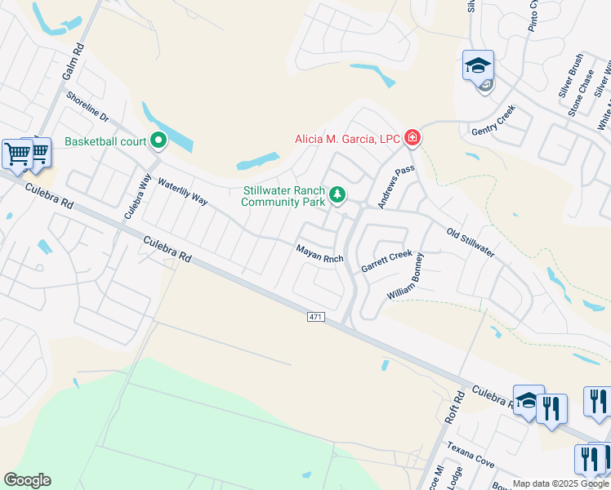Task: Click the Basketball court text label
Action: tap(105, 141)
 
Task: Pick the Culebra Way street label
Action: tap(138, 198)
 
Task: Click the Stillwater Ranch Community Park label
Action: tap(283, 196)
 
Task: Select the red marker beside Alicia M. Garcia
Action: tap(413, 137)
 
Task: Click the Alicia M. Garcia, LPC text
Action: tap(347, 139)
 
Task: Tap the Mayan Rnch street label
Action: tap(319, 254)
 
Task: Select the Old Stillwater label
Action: tap(470, 243)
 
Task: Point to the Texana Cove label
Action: tap(470, 456)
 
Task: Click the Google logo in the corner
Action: tap(28, 480)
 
